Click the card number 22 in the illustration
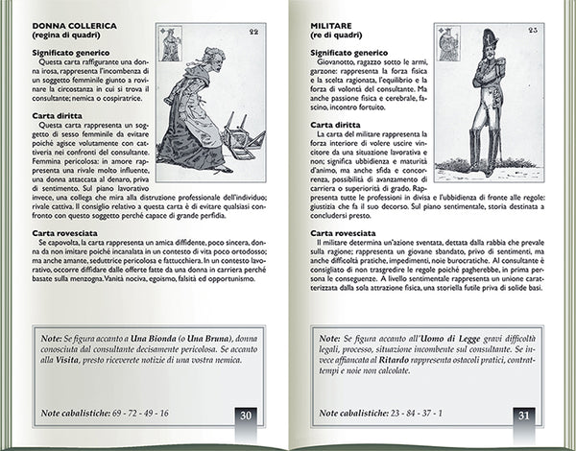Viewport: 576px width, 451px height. (252, 33)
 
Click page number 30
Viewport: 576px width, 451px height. (247, 415)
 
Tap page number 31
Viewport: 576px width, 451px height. (523, 415)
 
